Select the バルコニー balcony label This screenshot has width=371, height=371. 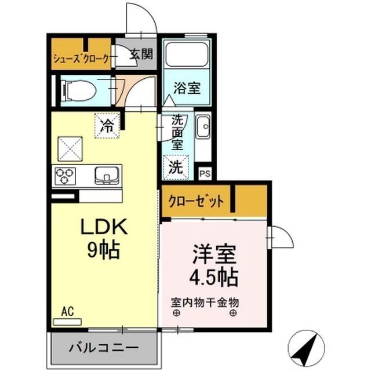point(104,348)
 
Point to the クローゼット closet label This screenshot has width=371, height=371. point(197,202)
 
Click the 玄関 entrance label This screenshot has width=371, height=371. point(140,55)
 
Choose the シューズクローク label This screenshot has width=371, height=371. point(82,59)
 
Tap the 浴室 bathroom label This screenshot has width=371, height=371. point(187,89)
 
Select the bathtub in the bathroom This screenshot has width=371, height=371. point(186,56)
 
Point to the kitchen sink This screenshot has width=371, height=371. point(106,174)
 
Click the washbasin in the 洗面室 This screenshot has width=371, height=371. point(203,128)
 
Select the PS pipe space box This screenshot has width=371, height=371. point(204,173)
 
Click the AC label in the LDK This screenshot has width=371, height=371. point(67,312)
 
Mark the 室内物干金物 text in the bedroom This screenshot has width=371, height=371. point(205,302)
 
